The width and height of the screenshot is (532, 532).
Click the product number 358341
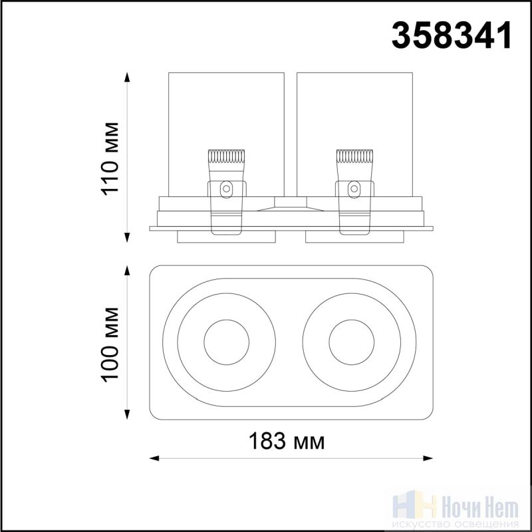point(452,35)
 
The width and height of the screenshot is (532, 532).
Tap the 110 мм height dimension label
point(110,159)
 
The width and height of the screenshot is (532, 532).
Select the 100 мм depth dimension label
point(110,345)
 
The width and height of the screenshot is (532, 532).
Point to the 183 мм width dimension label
point(287,441)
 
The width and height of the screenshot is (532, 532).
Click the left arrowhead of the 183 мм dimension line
point(154,459)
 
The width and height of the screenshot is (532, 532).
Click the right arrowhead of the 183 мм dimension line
point(428,459)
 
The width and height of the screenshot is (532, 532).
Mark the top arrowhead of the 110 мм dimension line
point(127,77)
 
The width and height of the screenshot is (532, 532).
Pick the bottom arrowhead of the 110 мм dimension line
point(127,237)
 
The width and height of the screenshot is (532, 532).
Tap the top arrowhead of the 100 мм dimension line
point(127,271)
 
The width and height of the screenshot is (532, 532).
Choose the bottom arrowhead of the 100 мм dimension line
point(127,414)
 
